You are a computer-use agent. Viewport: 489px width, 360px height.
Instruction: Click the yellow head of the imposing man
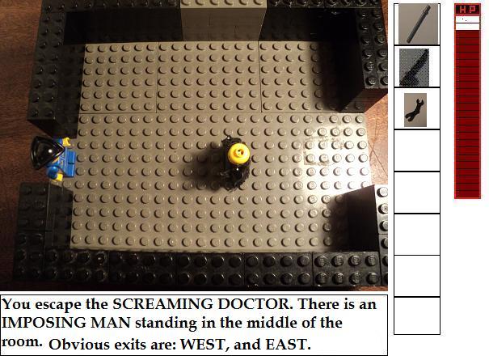tap(238, 153)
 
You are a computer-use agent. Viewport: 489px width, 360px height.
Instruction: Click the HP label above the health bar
tap(467, 10)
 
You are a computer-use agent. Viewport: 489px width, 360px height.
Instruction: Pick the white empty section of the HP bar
tap(467, 23)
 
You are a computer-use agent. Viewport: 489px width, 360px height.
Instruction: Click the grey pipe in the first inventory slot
tap(419, 24)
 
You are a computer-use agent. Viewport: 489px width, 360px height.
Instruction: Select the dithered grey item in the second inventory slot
tap(415, 67)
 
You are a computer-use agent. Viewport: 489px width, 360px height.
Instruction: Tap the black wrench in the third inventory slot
tap(414, 109)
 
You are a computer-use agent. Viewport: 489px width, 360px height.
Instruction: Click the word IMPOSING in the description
tap(44, 323)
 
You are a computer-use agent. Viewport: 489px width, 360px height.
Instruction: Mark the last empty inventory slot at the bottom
tap(417, 316)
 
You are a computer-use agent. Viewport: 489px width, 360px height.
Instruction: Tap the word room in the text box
tap(22, 342)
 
